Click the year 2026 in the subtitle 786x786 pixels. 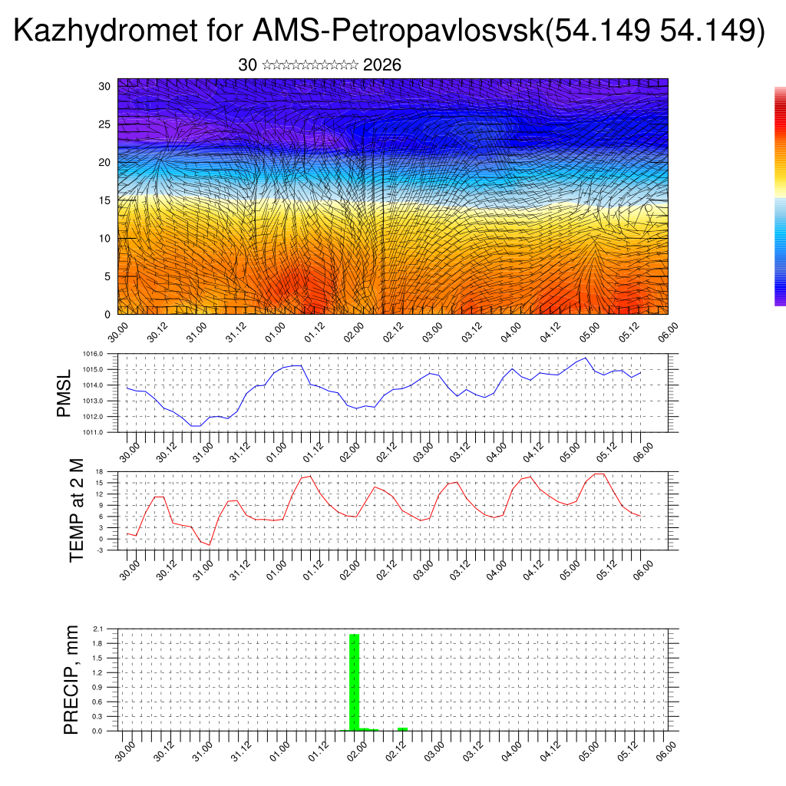click(381, 65)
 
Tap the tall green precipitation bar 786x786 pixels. click(354, 682)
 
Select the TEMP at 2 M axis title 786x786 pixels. click(77, 511)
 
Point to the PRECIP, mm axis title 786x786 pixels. click(71, 679)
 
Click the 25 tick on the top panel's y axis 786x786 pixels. click(104, 124)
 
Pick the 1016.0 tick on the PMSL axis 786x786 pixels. click(94, 354)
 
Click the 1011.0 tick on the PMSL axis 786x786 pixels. click(94, 432)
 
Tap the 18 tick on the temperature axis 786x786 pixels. click(100, 471)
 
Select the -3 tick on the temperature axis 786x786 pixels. click(100, 550)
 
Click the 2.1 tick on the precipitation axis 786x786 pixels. click(97, 629)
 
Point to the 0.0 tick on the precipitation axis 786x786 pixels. click(97, 731)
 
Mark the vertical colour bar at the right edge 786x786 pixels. click(780, 196)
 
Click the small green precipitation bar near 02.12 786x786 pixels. click(402, 728)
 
